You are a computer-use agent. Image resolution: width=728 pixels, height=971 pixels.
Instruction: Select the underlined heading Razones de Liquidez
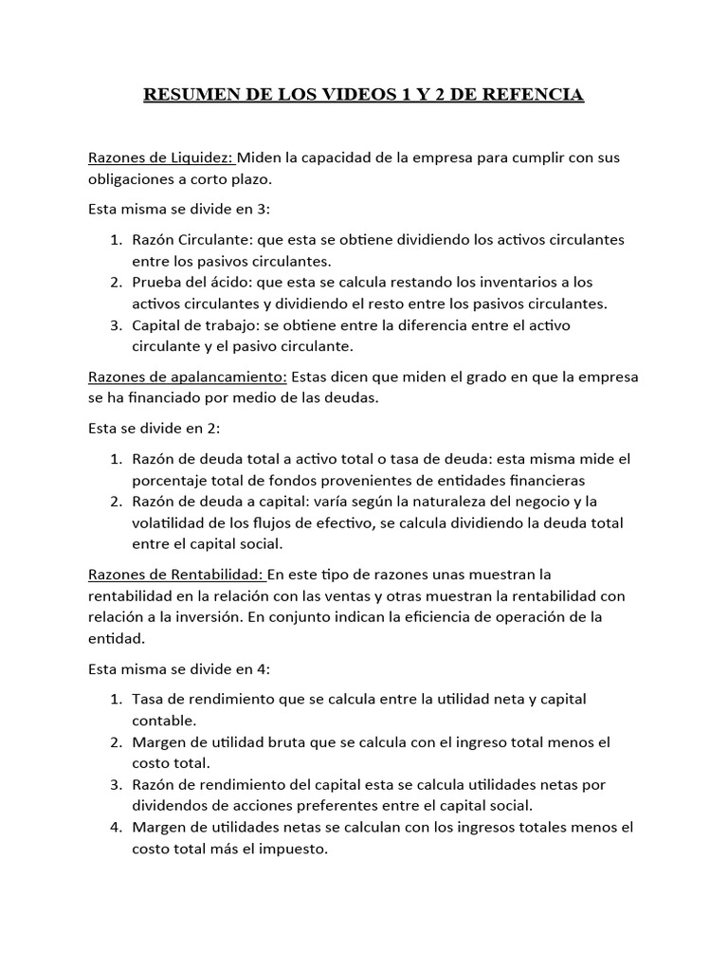point(161,157)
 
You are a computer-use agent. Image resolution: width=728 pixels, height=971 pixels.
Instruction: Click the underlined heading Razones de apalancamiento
point(186,376)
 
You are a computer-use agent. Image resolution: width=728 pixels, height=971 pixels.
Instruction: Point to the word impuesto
point(295,850)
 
